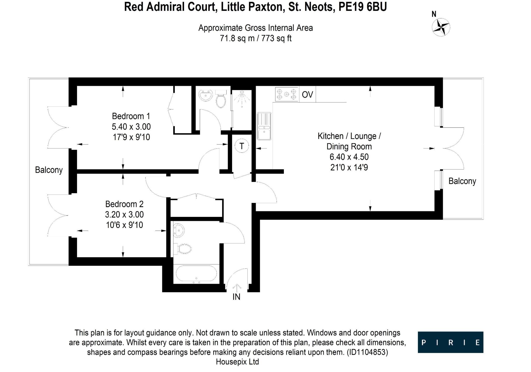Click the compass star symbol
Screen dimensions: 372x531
441,27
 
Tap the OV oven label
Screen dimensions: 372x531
308,95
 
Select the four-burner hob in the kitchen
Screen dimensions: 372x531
287,94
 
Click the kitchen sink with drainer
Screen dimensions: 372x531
264,126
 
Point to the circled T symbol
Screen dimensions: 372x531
242,146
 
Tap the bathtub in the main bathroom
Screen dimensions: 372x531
196,274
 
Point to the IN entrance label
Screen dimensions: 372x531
236,297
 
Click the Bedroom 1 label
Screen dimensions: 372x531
131,116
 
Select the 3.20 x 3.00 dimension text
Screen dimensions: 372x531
124,215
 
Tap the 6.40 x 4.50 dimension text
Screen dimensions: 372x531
349,157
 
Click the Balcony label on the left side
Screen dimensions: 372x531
49,170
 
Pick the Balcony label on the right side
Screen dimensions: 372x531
462,181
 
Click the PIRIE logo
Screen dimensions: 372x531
450,342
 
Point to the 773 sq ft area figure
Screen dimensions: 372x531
276,38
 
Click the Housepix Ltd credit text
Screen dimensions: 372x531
237,362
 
